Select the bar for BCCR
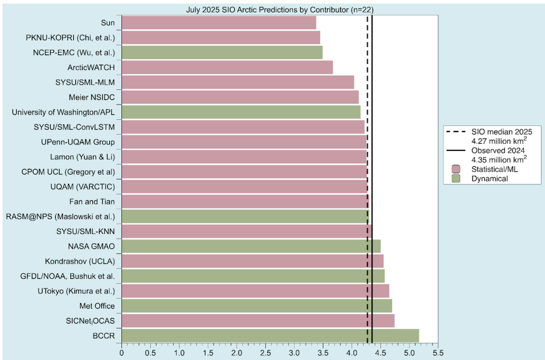coord(270,336)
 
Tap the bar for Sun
coord(219,23)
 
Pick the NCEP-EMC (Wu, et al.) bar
coord(222,52)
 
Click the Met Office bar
coord(257,306)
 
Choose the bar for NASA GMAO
coord(251,246)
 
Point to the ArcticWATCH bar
coord(227,67)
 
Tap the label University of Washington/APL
coord(63,112)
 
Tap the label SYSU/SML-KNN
coord(86,232)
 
